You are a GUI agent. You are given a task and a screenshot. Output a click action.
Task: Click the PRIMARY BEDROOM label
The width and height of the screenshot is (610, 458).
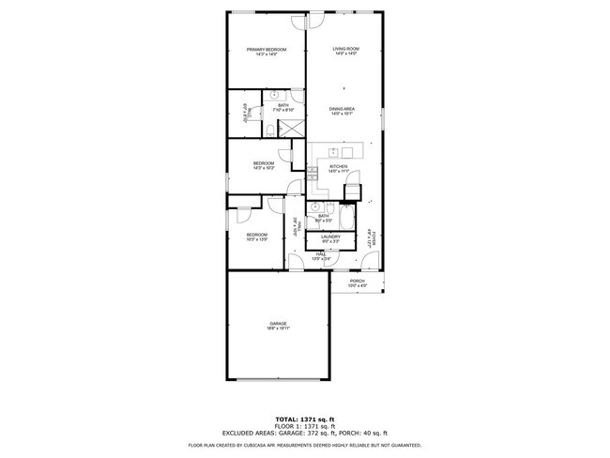tap(266, 49)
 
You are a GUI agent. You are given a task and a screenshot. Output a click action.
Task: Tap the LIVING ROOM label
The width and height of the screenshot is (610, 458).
tap(346, 49)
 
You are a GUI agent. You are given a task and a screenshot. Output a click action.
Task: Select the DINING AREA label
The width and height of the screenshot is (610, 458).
tap(342, 109)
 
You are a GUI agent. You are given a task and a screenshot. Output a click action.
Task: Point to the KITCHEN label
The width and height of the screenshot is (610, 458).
tap(339, 167)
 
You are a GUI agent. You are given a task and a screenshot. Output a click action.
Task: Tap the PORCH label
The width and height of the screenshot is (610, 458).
tap(358, 281)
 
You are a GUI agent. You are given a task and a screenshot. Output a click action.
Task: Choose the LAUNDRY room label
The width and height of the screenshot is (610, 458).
tap(329, 237)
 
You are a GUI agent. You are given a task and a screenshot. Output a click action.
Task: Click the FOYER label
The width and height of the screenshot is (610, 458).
tap(371, 235)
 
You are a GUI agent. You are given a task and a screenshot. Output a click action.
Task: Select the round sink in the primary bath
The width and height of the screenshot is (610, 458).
tap(275, 96)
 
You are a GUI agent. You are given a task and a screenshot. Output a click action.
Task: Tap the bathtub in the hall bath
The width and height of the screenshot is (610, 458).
tap(347, 219)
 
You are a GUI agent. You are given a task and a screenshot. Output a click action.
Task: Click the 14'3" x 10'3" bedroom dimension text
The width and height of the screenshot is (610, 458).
tap(263, 167)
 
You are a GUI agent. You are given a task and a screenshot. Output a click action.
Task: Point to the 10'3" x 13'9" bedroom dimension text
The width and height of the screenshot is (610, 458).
tap(257, 238)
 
